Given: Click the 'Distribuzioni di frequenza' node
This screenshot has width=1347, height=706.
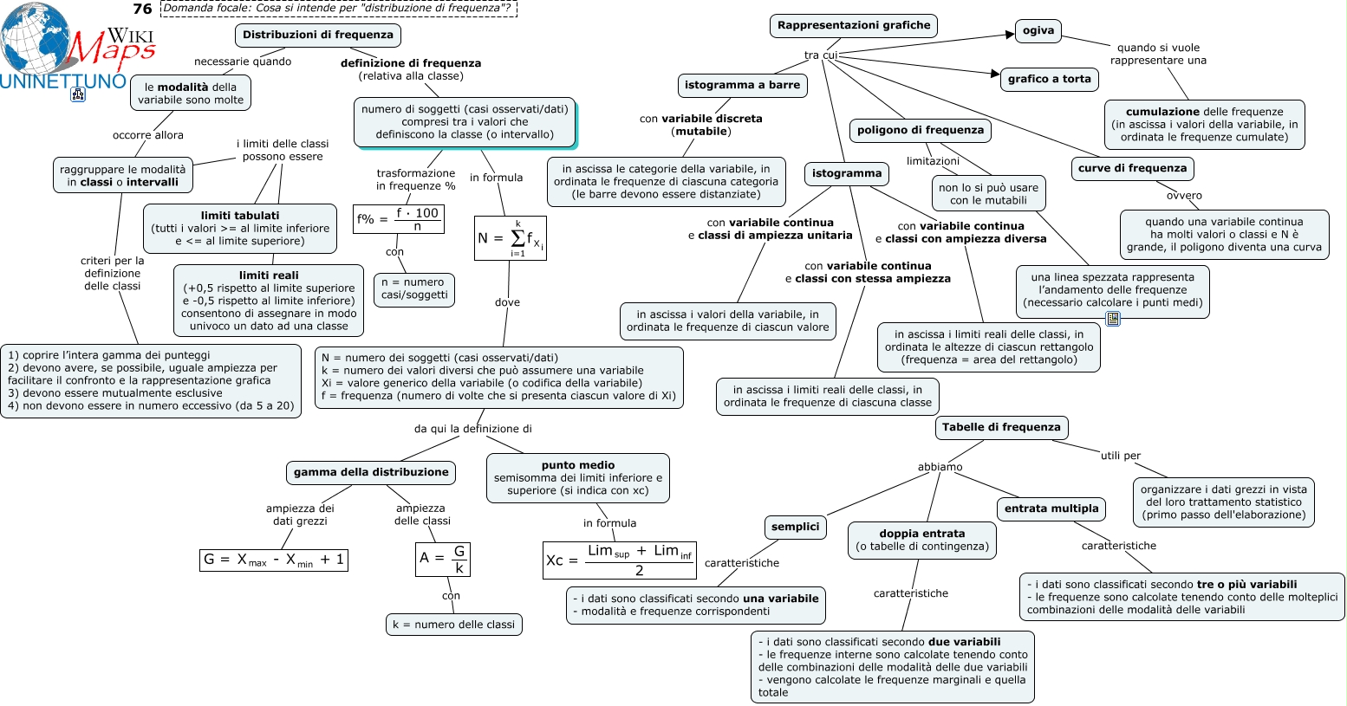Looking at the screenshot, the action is click(317, 35).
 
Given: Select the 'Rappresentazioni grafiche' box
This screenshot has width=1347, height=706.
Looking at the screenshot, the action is click(853, 25).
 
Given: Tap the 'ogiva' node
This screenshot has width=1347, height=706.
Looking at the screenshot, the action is click(1038, 30).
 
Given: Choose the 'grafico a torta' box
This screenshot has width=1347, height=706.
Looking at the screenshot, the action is click(1050, 79).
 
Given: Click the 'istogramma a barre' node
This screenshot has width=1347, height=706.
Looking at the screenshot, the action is click(742, 85).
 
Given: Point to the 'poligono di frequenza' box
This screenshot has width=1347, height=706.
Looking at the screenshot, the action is click(920, 131).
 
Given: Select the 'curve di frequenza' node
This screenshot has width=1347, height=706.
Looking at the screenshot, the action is click(1132, 168).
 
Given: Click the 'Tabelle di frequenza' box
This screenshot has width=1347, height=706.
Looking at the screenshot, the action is click(1001, 427).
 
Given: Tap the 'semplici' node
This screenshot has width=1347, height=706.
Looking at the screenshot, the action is click(795, 527).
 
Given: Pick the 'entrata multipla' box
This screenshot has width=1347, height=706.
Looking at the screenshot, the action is click(1051, 508).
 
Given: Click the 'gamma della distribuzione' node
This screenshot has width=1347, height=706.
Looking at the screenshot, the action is click(371, 472).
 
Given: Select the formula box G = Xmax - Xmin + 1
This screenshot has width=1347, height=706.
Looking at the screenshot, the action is click(274, 560).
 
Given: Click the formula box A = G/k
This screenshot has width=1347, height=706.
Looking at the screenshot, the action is click(443, 560).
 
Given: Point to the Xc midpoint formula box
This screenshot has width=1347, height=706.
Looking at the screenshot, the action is click(620, 560).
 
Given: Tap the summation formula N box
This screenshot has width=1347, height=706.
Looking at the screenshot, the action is click(511, 238).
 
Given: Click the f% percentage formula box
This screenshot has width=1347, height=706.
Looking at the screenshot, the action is click(399, 218).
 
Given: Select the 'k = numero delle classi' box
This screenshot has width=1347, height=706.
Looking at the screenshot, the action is click(454, 625).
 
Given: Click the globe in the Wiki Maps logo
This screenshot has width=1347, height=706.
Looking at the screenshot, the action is click(35, 38).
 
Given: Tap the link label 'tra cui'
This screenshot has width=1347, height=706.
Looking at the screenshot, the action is click(821, 55).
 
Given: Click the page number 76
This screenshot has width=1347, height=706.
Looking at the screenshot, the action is click(142, 9).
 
